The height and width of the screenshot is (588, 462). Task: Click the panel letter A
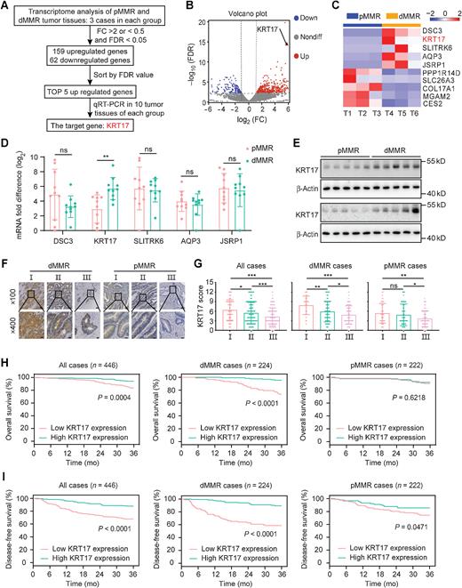point(6,7)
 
